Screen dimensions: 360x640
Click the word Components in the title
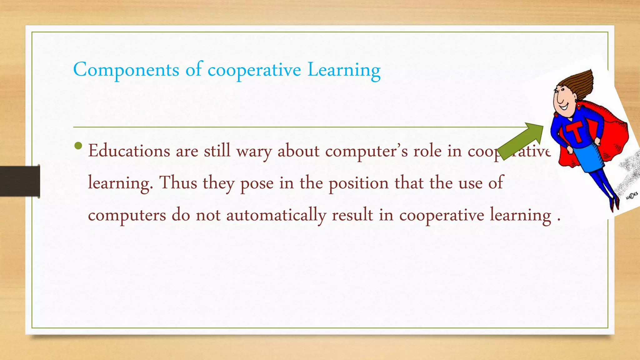click(x=126, y=70)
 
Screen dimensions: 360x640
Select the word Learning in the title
click(x=344, y=70)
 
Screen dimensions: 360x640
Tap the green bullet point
click(x=78, y=146)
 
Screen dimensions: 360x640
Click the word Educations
click(x=129, y=151)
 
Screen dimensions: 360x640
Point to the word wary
click(x=254, y=152)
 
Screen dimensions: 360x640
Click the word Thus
click(x=178, y=183)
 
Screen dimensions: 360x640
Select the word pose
click(x=257, y=184)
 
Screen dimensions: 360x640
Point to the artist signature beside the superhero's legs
click(x=631, y=196)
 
